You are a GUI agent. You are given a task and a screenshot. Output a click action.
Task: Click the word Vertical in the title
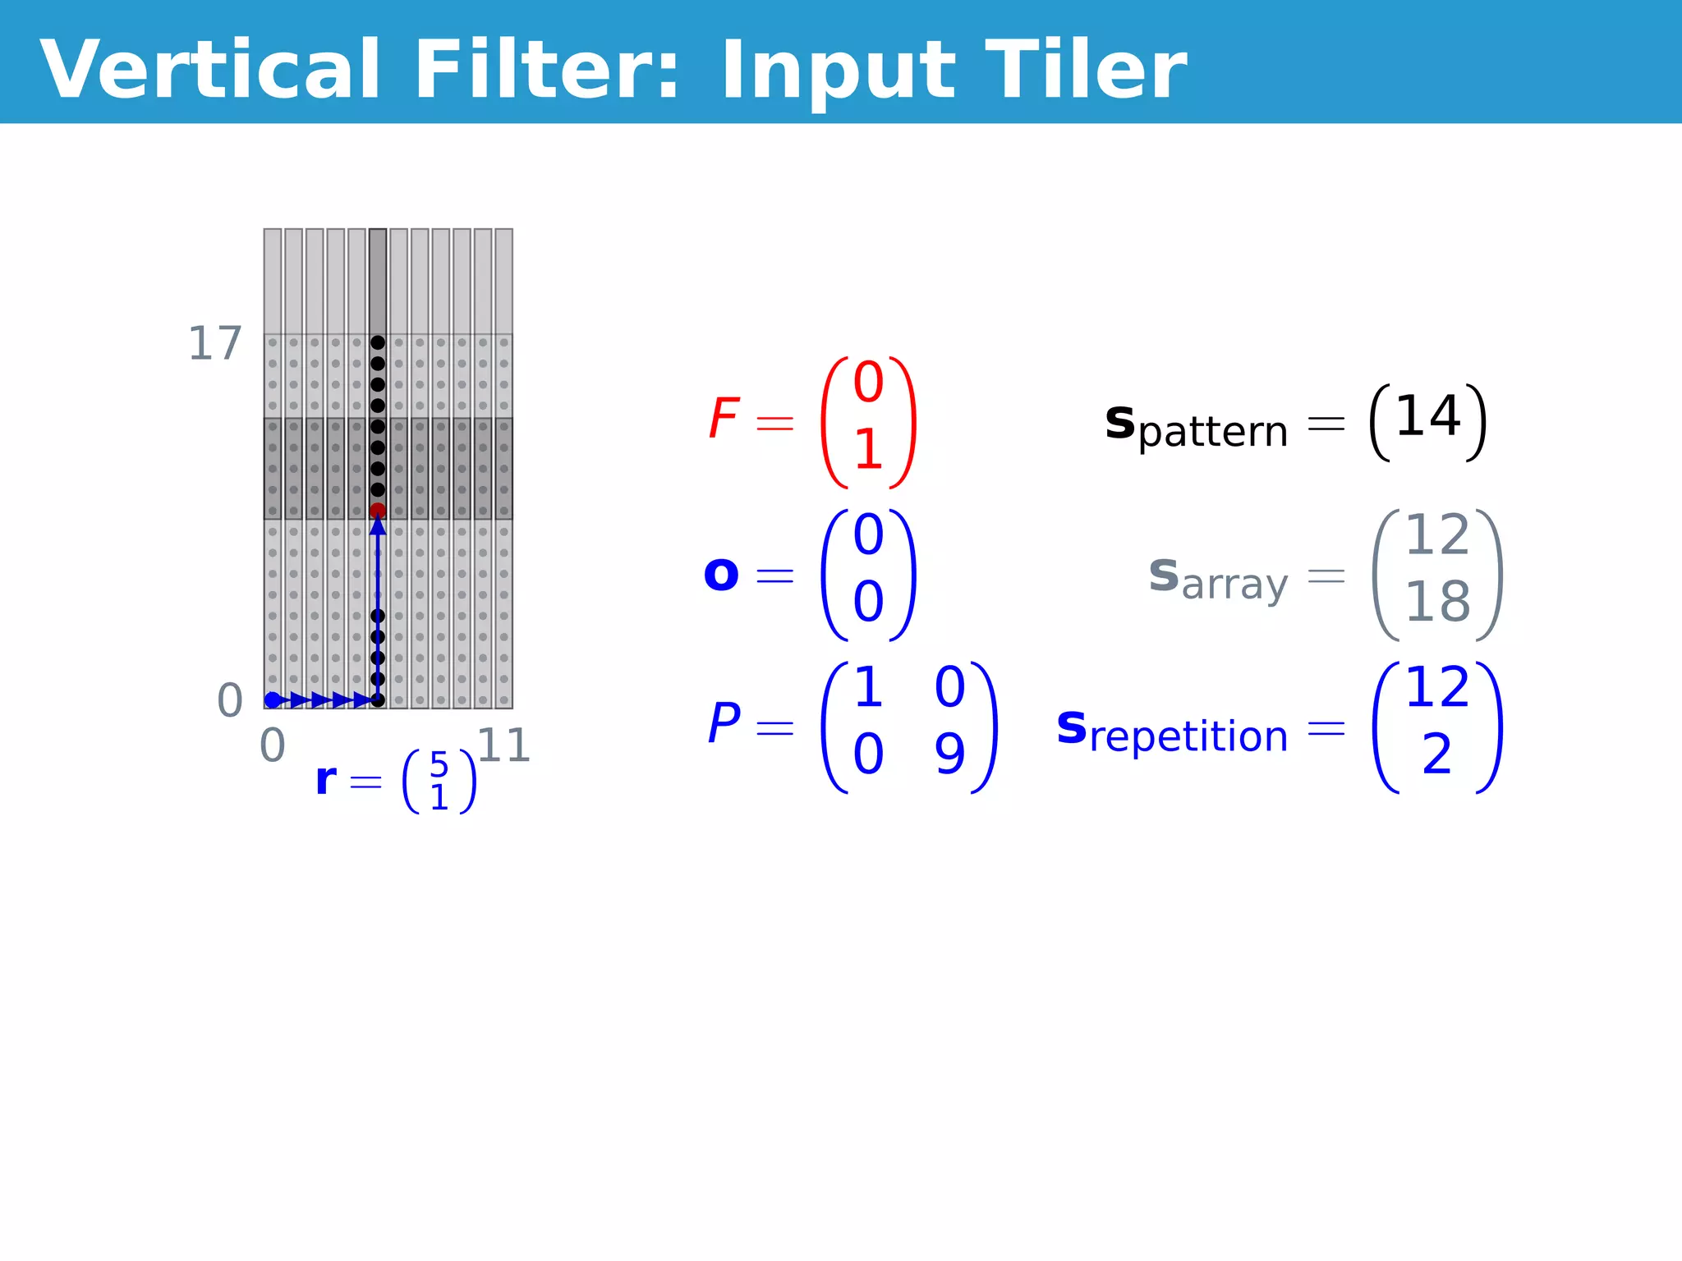[x=210, y=71]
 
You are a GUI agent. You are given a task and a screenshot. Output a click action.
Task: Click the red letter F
[x=724, y=419]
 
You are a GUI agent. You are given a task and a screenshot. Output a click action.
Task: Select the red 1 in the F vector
[x=868, y=451]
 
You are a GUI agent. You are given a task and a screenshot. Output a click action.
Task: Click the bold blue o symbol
[x=721, y=574]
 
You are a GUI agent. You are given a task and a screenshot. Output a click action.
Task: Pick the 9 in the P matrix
[x=949, y=754]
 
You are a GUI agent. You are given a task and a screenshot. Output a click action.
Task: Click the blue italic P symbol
[x=724, y=723]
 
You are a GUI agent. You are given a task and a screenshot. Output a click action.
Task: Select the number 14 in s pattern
[x=1427, y=417]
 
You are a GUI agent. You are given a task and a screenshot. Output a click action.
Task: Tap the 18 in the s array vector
[x=1437, y=602]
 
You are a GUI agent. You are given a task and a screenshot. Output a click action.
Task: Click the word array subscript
[x=1234, y=585]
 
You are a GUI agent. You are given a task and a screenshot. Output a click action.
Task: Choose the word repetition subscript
[x=1188, y=736]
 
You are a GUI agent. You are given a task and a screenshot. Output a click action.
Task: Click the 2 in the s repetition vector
[x=1437, y=754]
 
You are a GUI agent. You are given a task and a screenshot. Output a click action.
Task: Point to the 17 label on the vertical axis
[x=215, y=344]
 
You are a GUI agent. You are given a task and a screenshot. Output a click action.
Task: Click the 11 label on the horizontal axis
[x=503, y=746]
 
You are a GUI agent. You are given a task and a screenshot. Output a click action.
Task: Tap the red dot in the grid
[x=378, y=511]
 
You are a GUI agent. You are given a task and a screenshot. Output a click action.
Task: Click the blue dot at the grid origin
[x=273, y=700]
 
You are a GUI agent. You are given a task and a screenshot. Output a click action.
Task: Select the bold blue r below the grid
[x=326, y=779]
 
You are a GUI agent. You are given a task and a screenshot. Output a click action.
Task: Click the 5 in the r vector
[x=439, y=764]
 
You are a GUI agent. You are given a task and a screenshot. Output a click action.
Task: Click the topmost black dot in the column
[x=378, y=342]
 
